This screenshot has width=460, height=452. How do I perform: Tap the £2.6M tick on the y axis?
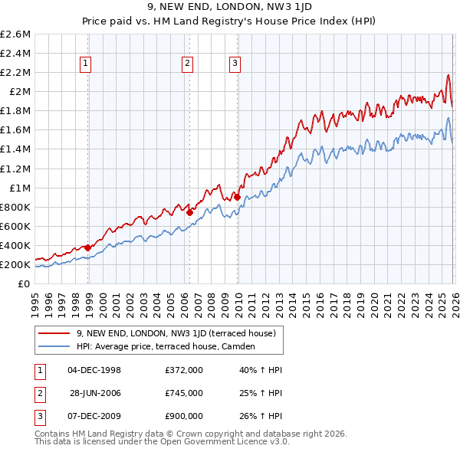point(15,34)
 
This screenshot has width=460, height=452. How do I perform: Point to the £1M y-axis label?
point(19,188)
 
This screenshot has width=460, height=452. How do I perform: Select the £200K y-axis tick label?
point(15,264)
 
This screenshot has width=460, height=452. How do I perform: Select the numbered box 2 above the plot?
point(187,64)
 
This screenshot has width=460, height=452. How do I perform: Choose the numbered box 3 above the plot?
point(235,64)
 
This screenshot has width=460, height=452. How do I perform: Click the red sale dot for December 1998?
point(88,247)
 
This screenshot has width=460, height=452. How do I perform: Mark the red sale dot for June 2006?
point(190,212)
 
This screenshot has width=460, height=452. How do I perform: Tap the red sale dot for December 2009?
point(237,197)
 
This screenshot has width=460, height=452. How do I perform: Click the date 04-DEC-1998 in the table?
point(94,370)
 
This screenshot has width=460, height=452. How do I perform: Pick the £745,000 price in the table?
point(184,393)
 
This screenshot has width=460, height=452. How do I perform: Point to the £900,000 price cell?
point(184,416)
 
